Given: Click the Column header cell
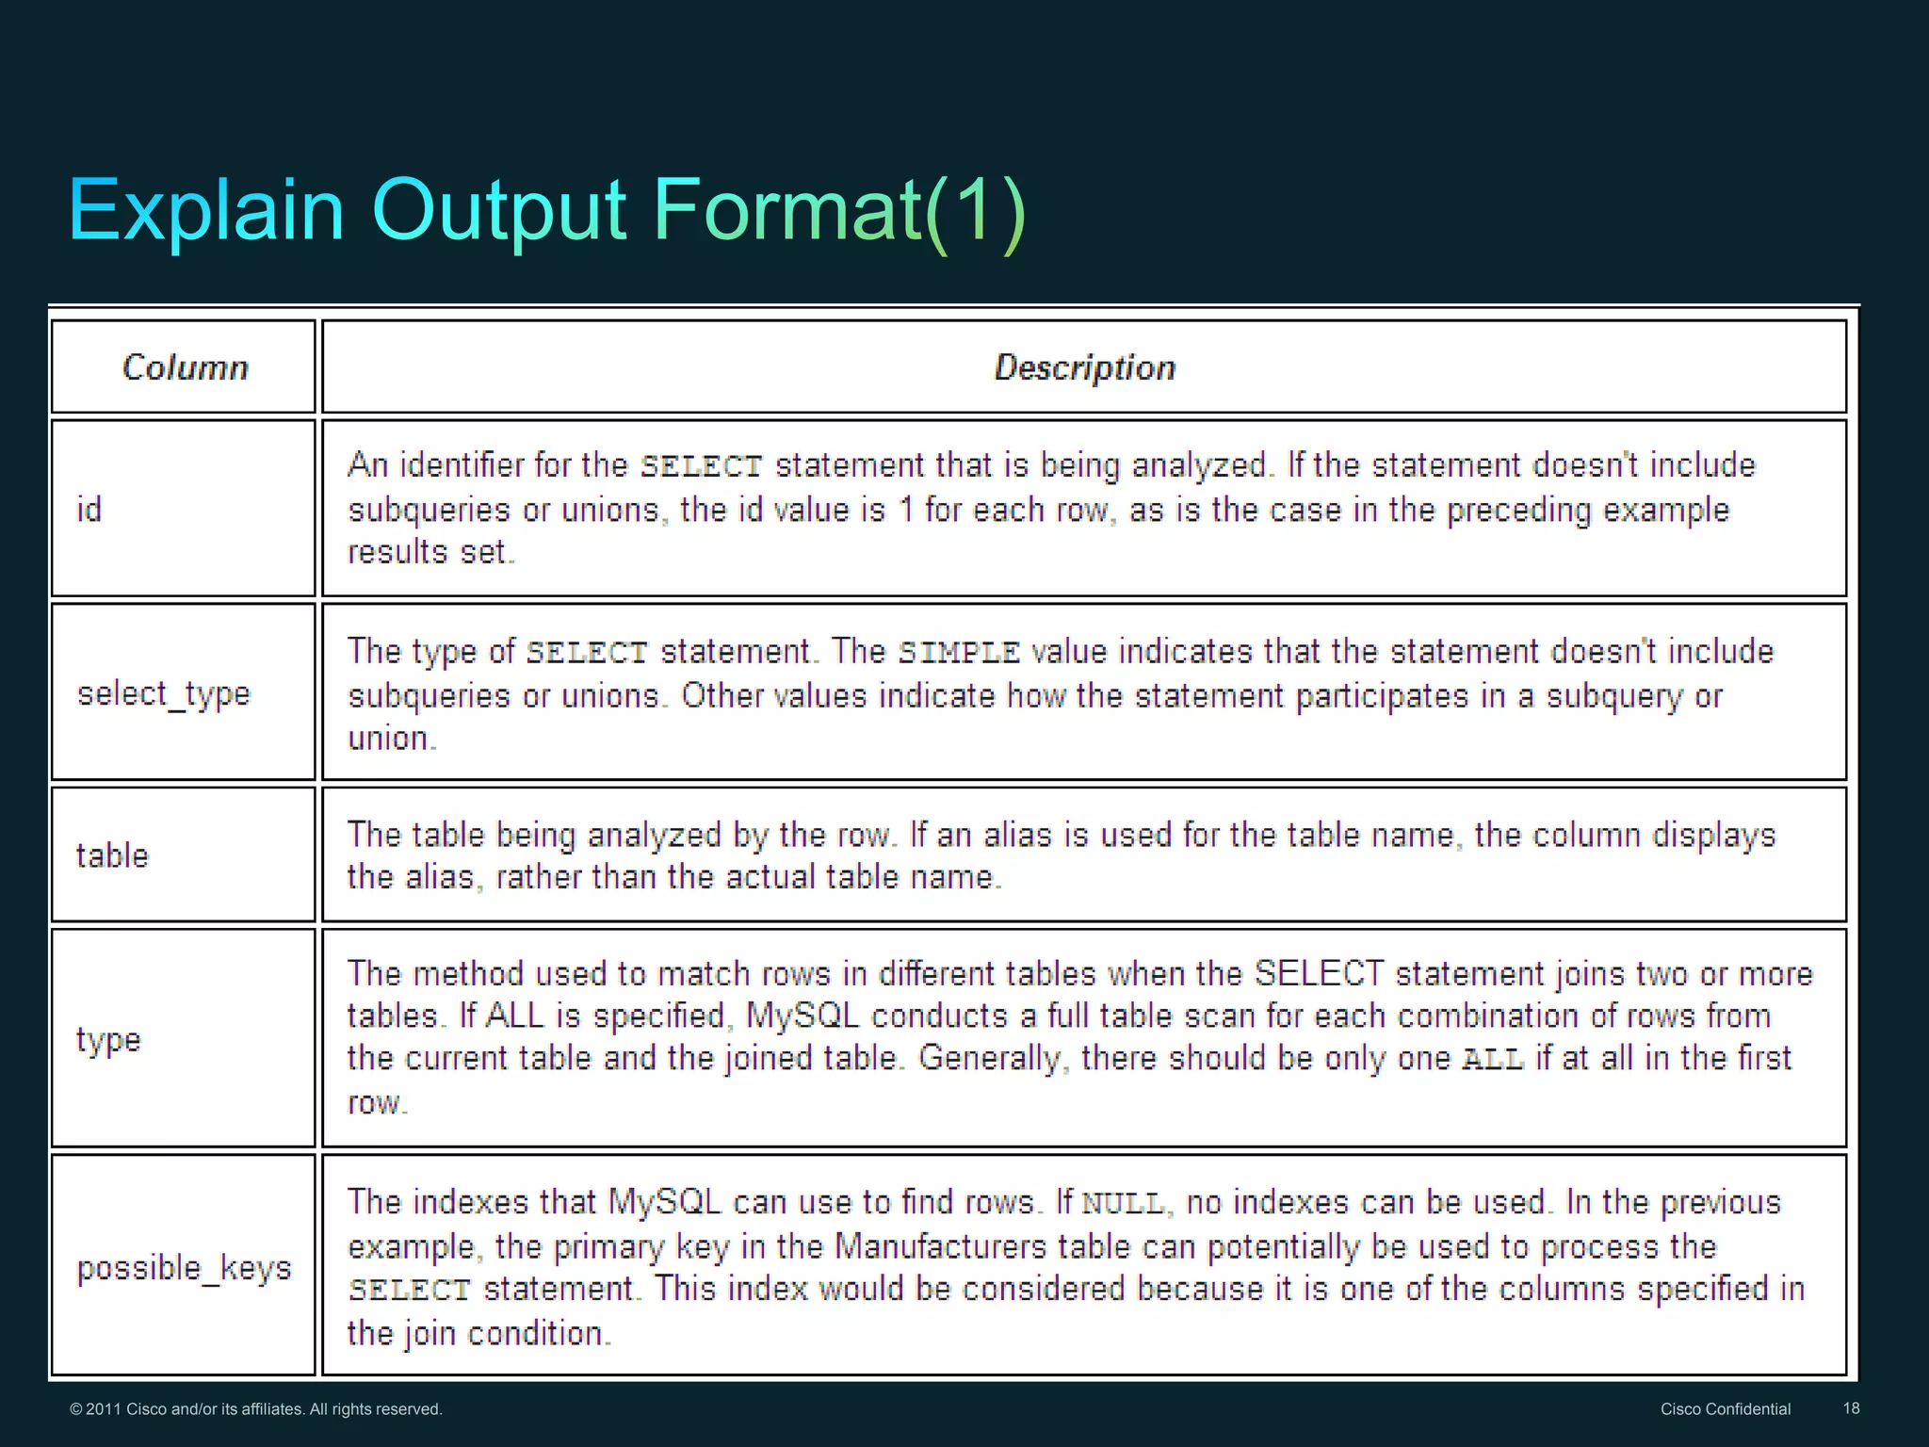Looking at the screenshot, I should tap(186, 367).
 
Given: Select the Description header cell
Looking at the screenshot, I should tap(1084, 367).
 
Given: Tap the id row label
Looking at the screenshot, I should tap(89, 510).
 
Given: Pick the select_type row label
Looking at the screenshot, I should tap(164, 694).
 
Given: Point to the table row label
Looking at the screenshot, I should tap(112, 855).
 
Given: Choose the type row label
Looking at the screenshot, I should tap(108, 1040).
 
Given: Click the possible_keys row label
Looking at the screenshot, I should tap(184, 1268).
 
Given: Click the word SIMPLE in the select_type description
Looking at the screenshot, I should tap(959, 653).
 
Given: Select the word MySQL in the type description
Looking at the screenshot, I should tap(802, 1016).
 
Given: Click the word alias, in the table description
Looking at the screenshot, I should tap(444, 877).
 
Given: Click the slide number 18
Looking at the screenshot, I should tap(1851, 1408).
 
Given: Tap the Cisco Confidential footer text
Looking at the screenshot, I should tap(1725, 1409).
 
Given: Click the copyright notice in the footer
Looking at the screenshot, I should tap(256, 1409).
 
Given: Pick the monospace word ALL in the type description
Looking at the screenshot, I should tap(1493, 1060).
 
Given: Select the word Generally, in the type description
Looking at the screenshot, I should tap(994, 1059).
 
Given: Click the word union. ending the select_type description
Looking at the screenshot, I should tap(392, 739).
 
